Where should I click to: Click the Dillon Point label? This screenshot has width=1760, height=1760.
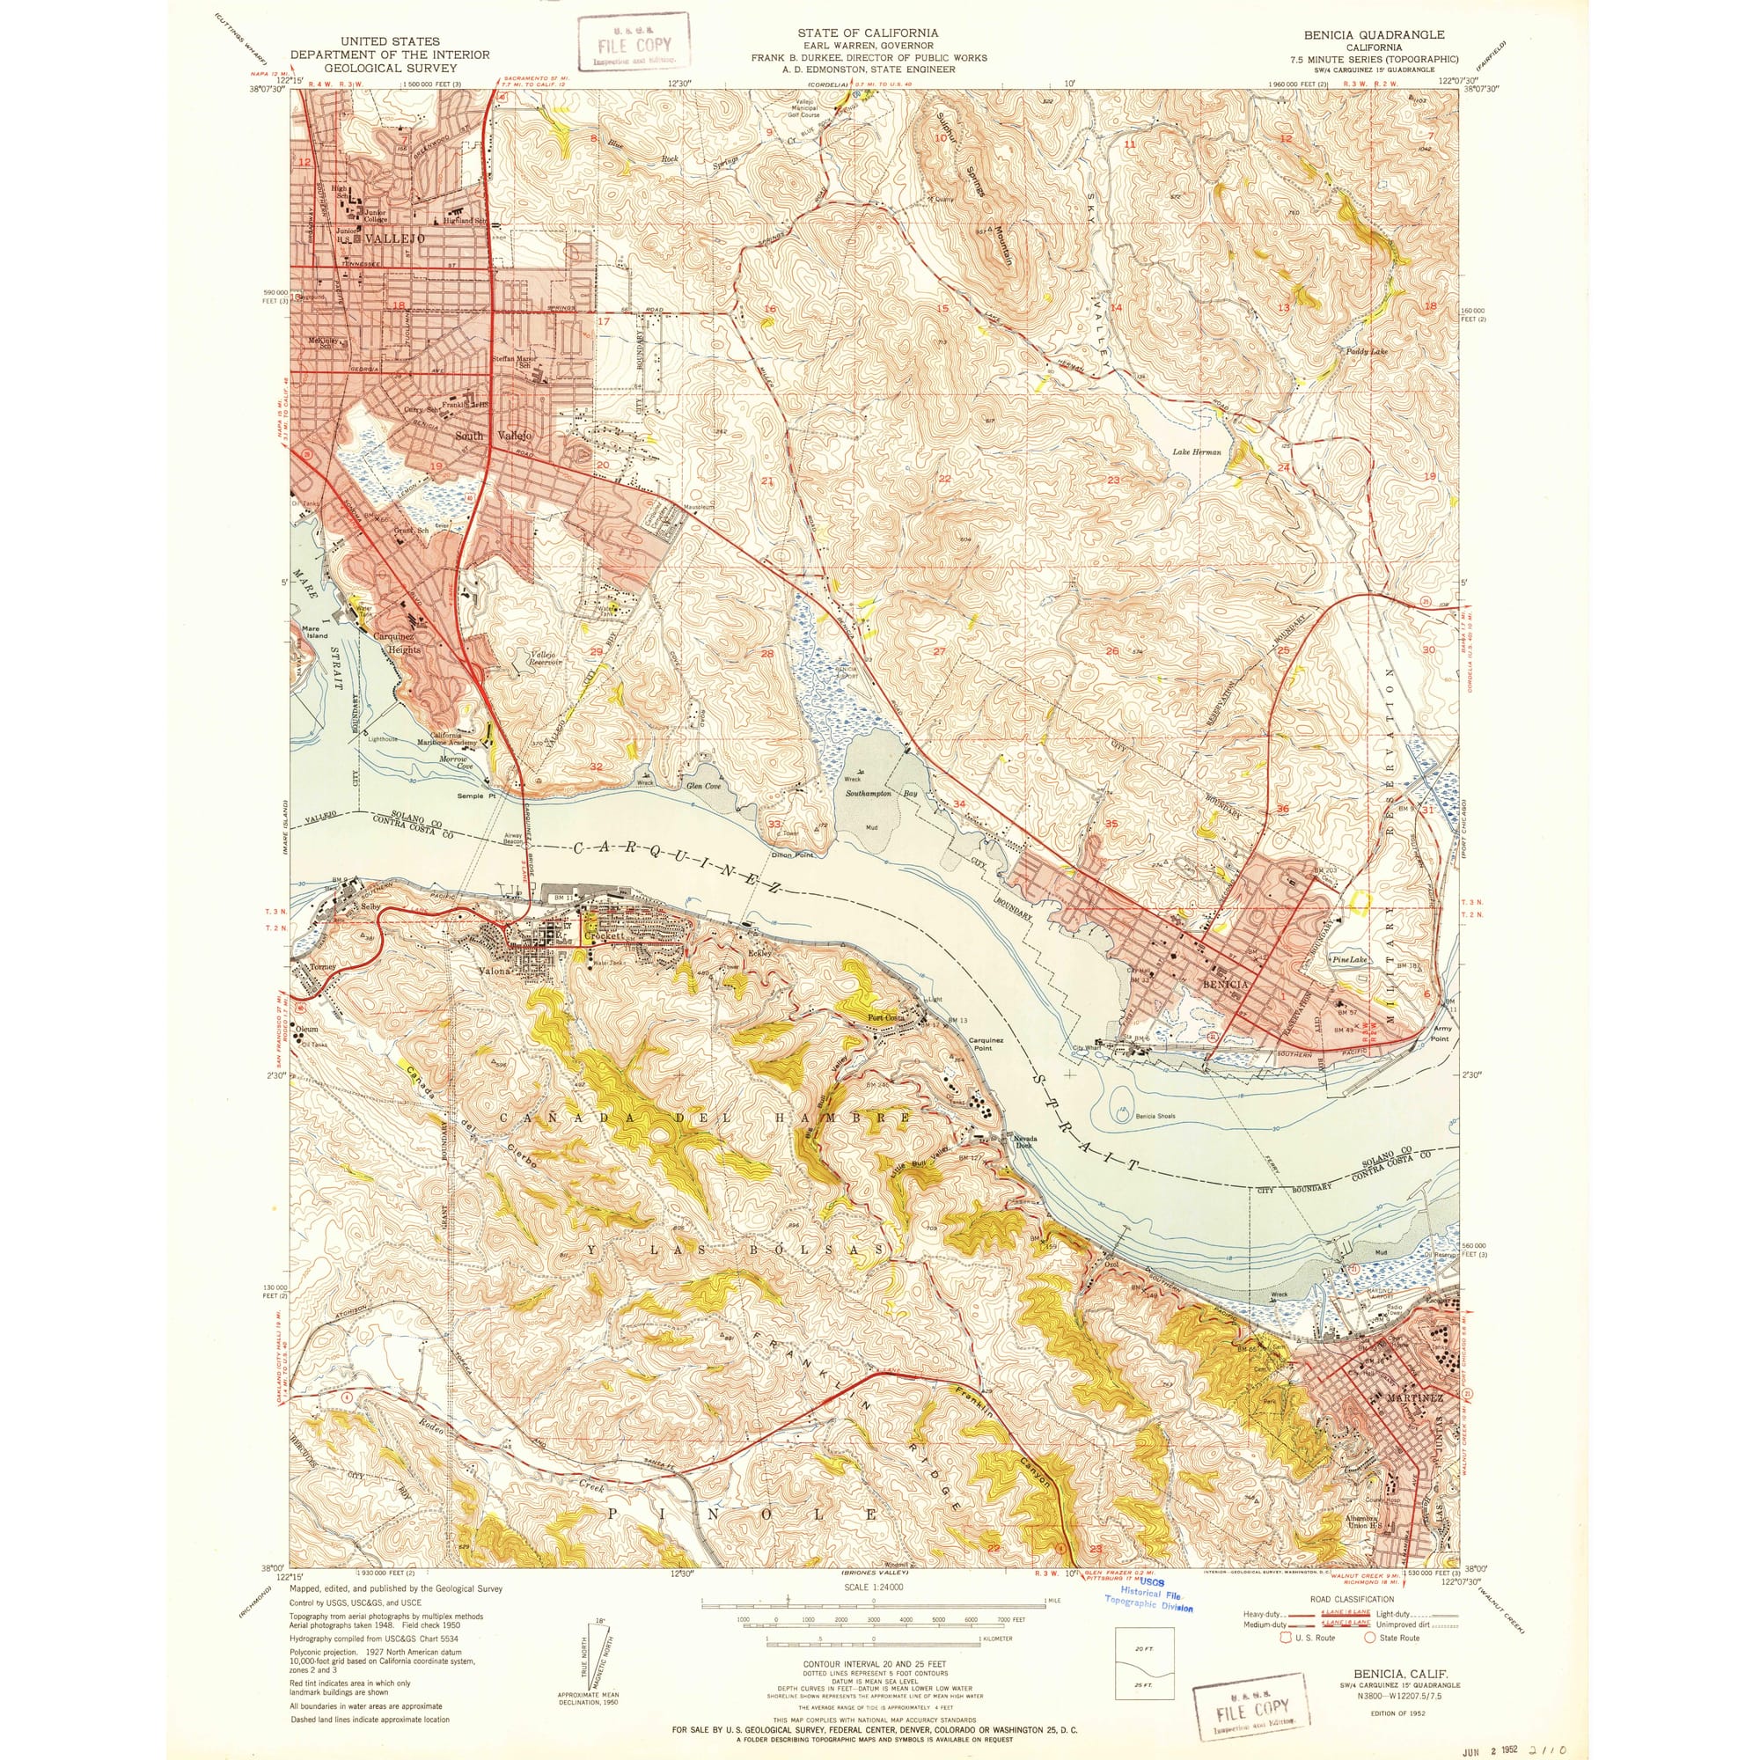click(794, 854)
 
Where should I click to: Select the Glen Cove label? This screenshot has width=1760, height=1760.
click(702, 785)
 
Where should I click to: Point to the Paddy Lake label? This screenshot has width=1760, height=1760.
click(1367, 351)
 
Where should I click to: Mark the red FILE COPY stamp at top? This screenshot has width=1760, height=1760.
click(635, 43)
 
